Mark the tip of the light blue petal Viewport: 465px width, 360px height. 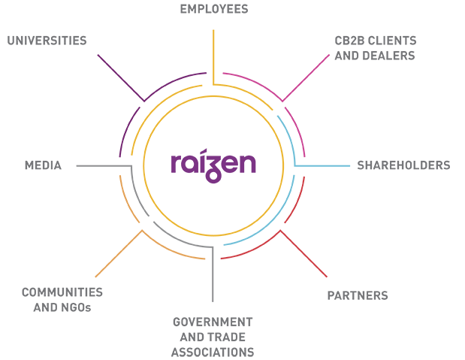point(354,161)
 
